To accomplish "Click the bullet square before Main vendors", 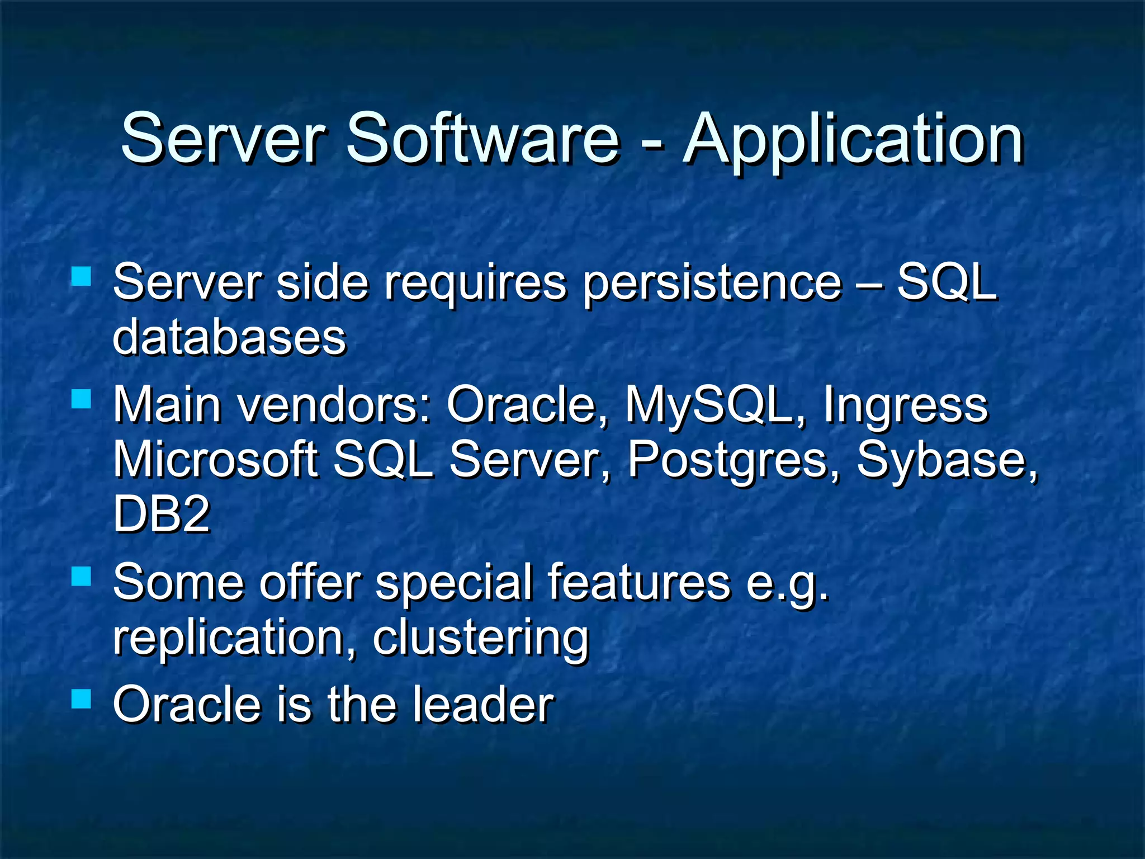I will tap(82, 399).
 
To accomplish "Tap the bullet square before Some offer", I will tap(82, 576).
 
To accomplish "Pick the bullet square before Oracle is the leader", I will tap(82, 699).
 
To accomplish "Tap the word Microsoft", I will tap(215, 460).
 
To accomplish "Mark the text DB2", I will tap(161, 514).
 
